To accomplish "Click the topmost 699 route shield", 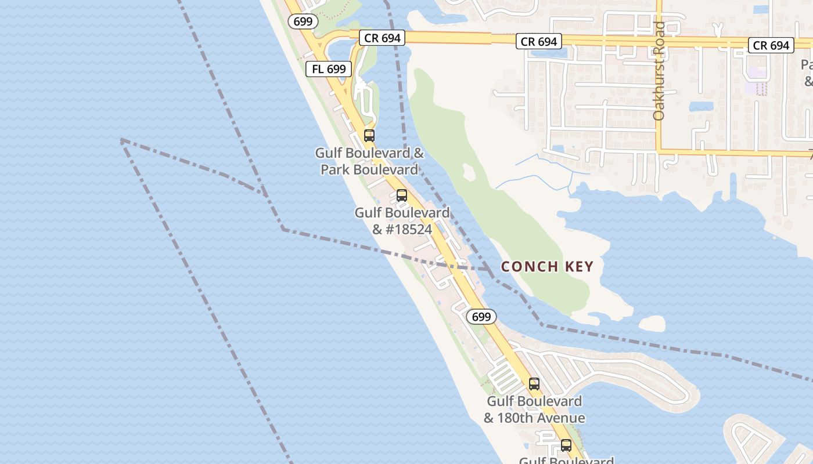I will pyautogui.click(x=303, y=21).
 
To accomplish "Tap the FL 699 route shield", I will pyautogui.click(x=329, y=69).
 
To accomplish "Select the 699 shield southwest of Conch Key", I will pyautogui.click(x=481, y=317).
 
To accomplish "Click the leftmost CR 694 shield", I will pyautogui.click(x=383, y=38).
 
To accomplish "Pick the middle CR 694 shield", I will pyautogui.click(x=539, y=41).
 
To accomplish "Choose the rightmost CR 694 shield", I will pyautogui.click(x=771, y=45).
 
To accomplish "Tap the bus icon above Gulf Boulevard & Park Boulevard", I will pyautogui.click(x=369, y=136).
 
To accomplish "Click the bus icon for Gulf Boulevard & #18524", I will pyautogui.click(x=402, y=195).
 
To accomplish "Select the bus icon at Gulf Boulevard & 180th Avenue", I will pyautogui.click(x=534, y=383).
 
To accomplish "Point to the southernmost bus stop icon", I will pyautogui.click(x=566, y=445).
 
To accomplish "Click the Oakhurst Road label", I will pyautogui.click(x=658, y=71).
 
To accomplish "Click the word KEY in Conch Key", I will pyautogui.click(x=579, y=267).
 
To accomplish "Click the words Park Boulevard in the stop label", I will pyautogui.click(x=369, y=170).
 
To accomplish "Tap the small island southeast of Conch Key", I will pyautogui.click(x=652, y=322).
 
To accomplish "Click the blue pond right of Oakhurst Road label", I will pyautogui.click(x=701, y=106).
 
